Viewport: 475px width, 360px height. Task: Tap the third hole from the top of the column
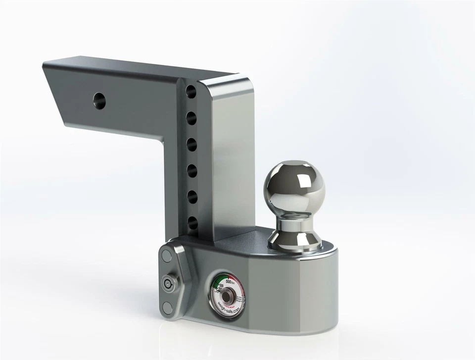pos(191,144)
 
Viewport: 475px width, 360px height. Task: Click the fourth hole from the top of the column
pos(191,171)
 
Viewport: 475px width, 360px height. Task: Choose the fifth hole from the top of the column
pos(191,197)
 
